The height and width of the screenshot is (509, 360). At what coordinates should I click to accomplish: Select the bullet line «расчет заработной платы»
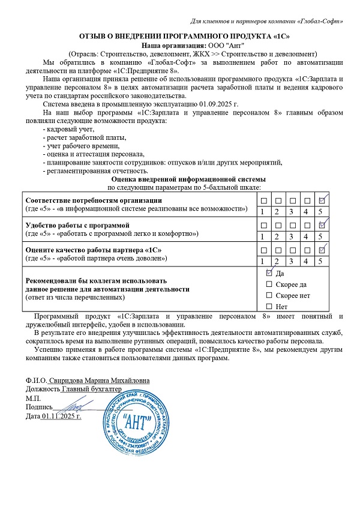[79, 137]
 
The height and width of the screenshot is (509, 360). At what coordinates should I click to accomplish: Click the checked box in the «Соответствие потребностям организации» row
[322, 200]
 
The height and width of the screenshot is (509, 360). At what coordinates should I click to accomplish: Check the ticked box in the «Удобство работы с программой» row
[322, 224]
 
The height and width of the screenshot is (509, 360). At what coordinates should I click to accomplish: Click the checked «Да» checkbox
[269, 273]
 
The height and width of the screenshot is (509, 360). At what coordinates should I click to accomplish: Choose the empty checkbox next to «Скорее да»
[269, 285]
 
